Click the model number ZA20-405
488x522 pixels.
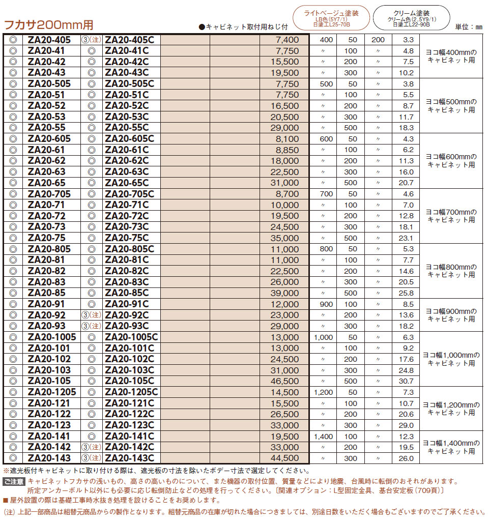tap(49, 40)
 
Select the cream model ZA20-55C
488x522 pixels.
tap(127, 128)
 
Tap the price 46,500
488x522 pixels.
tap(286, 381)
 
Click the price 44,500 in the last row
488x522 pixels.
tap(286, 458)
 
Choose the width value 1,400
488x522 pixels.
tap(323, 437)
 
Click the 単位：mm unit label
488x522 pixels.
tap(468, 26)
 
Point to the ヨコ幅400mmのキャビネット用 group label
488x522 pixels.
tap(451, 56)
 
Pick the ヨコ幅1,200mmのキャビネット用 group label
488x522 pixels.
tap(451, 409)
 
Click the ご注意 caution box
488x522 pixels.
tap(14, 481)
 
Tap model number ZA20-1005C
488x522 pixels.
tap(132, 337)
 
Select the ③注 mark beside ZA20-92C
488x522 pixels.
tap(92, 315)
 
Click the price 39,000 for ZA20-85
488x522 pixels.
tap(286, 293)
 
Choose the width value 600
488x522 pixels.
tap(326, 139)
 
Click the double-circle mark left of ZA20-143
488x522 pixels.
tap(13, 458)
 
